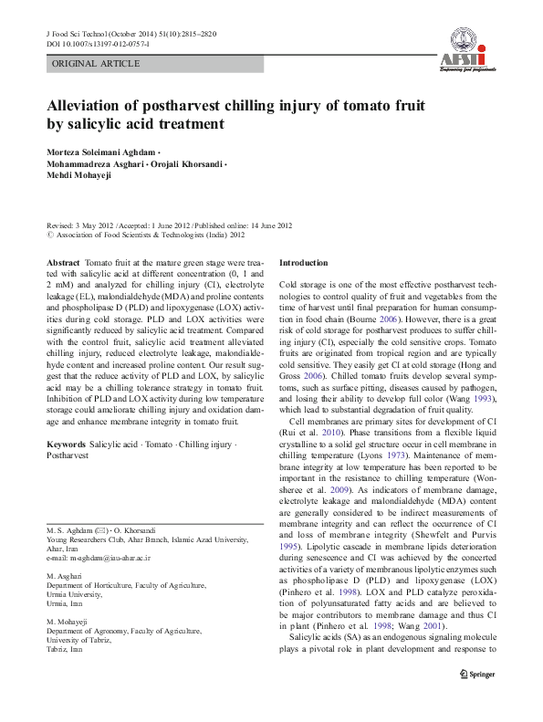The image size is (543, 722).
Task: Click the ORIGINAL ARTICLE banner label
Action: [96, 64]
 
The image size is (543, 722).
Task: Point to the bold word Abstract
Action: [63, 262]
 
